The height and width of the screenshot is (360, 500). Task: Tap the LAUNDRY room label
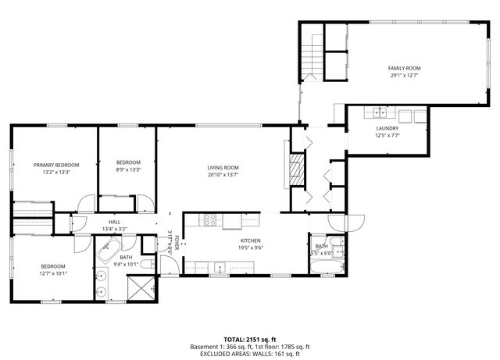[x=387, y=128]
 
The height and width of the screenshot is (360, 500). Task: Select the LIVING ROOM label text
[x=223, y=168]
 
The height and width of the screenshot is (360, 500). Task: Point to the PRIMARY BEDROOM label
[x=56, y=165]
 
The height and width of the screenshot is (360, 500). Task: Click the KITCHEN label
[x=250, y=241]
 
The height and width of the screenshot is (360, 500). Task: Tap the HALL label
[x=114, y=223]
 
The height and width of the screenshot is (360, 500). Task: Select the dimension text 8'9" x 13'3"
[x=128, y=169]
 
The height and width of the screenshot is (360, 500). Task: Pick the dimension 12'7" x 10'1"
[x=53, y=273]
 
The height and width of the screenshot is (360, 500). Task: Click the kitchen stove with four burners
[x=209, y=219]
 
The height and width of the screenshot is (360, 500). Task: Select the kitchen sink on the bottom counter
[x=221, y=269]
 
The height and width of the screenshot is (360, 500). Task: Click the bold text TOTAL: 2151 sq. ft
[x=250, y=340]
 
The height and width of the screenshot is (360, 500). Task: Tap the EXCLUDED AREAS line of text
[x=250, y=354]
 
